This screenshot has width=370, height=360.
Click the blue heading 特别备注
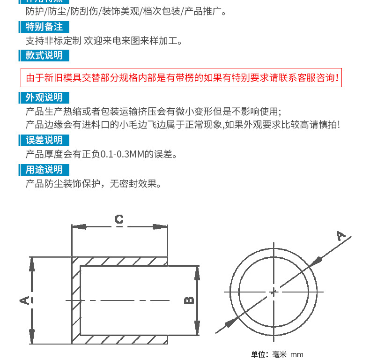tap(44, 27)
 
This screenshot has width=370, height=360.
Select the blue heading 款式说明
tap(44, 55)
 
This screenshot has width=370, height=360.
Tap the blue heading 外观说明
tap(44, 97)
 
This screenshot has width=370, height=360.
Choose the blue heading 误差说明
tap(44, 140)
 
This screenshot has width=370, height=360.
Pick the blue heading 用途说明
tap(44, 170)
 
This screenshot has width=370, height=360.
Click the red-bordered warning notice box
tap(181, 78)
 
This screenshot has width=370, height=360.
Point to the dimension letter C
tap(119, 219)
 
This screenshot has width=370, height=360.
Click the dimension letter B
tap(188, 300)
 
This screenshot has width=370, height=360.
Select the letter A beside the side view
tap(24, 300)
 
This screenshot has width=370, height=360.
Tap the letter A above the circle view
tap(341, 236)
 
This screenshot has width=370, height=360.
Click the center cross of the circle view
tap(273, 292)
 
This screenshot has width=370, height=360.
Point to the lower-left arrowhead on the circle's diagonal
tap(230, 323)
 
